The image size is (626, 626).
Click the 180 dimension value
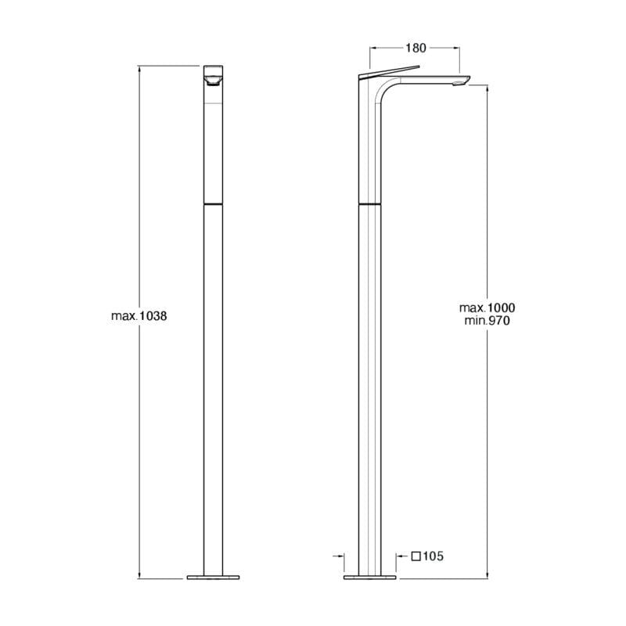click(x=416, y=48)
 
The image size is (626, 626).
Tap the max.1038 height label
click(x=139, y=316)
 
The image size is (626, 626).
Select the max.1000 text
click(x=487, y=308)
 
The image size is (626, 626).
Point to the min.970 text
click(x=487, y=321)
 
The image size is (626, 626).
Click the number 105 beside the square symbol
click(x=434, y=556)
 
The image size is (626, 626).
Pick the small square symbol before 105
click(x=416, y=556)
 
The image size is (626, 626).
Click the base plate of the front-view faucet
click(x=213, y=577)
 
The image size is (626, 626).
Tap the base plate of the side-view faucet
click(x=369, y=577)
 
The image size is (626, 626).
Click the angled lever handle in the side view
click(x=390, y=71)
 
